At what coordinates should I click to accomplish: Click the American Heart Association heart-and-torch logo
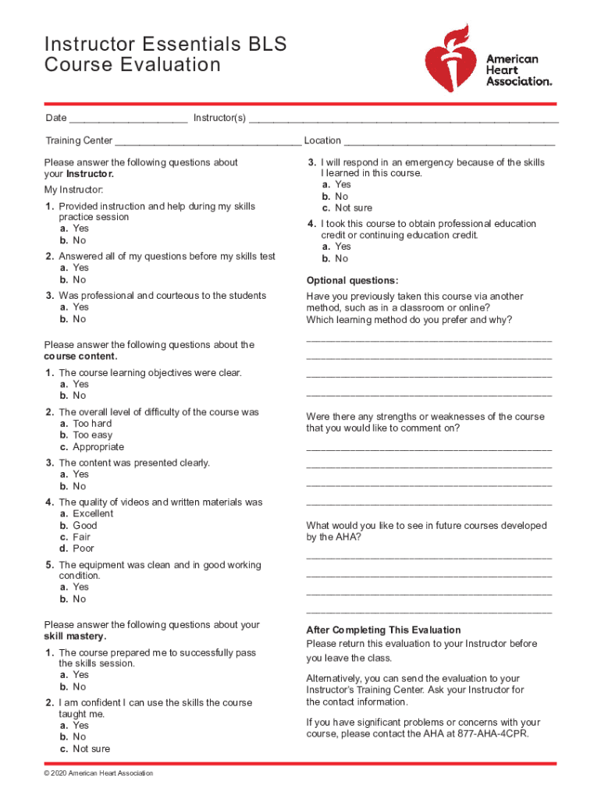[450, 58]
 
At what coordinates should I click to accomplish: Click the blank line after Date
[128, 119]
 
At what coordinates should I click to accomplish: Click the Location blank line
[450, 142]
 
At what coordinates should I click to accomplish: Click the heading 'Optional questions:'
[352, 281]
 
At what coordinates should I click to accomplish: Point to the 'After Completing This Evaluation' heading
[383, 630]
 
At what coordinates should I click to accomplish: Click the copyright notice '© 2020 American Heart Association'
[99, 773]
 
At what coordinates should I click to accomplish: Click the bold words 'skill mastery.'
[76, 637]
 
